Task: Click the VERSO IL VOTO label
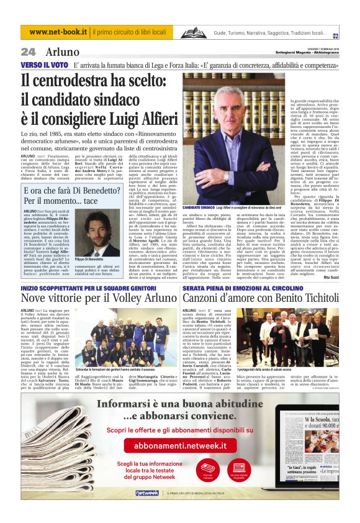coord(44,65)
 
